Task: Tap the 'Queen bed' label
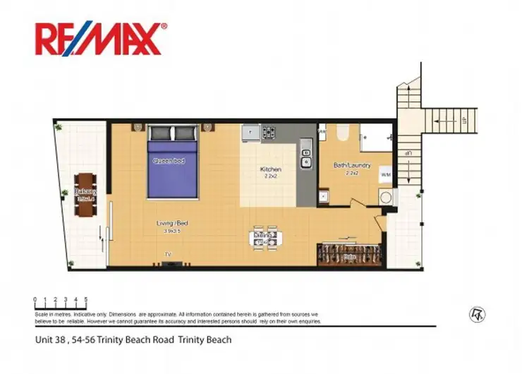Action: point(169,161)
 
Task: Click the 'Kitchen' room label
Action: point(271,170)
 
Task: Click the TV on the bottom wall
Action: point(169,263)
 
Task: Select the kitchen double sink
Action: point(306,155)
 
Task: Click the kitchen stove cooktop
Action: point(268,131)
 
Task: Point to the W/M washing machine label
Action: point(385,174)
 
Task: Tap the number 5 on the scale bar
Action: point(86,300)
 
